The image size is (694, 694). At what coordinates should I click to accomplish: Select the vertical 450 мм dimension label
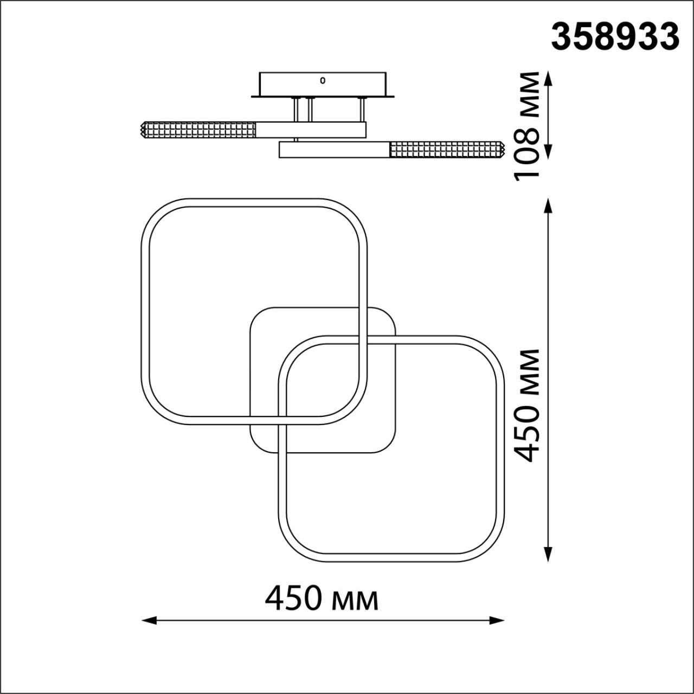pyautogui.click(x=527, y=406)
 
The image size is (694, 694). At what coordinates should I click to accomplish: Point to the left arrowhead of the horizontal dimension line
pyautogui.click(x=149, y=620)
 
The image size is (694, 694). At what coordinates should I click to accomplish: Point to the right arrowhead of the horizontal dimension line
pyautogui.click(x=496, y=620)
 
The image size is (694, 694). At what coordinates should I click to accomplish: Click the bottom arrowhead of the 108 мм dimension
pyautogui.click(x=548, y=151)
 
